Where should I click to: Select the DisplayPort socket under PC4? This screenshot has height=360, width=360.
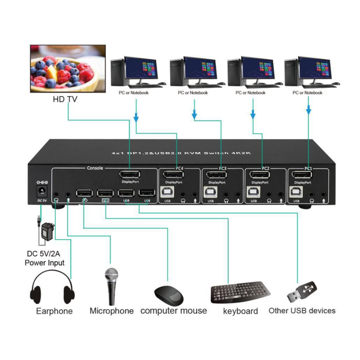coord(173,175)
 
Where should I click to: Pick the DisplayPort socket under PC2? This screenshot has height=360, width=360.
coord(260,175)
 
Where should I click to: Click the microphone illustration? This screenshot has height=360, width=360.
coord(111,286)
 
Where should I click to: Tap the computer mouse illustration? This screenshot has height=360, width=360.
coord(169,295)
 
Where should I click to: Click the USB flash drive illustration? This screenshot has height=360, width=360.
coord(302,292)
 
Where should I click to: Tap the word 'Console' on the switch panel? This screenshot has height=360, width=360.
coord(94,168)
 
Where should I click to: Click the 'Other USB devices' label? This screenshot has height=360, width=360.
coord(302,310)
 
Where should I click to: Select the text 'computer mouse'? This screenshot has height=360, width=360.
coord(174,310)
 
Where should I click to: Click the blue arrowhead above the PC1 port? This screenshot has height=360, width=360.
coord(309,110)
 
